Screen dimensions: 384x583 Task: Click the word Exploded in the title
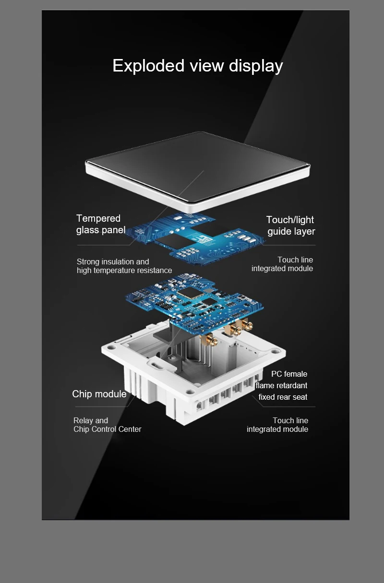[x=148, y=65]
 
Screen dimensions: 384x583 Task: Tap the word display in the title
[x=256, y=66]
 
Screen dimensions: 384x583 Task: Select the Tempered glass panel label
[x=101, y=224]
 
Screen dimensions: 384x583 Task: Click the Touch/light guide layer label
[x=291, y=226]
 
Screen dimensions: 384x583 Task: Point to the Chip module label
[x=99, y=394]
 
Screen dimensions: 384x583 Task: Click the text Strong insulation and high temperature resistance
[x=124, y=266]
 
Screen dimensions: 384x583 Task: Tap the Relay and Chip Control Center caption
[x=107, y=425]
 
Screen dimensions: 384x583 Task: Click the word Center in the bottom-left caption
[x=130, y=429]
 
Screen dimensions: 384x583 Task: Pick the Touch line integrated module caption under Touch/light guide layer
[x=282, y=264]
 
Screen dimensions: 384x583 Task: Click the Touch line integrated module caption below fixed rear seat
[x=277, y=425]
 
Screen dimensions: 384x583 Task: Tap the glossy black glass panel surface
[x=198, y=167]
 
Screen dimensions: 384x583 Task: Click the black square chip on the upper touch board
[x=174, y=241]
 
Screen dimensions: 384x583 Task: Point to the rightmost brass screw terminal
[x=247, y=325]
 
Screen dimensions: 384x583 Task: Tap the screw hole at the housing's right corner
[x=275, y=352]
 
